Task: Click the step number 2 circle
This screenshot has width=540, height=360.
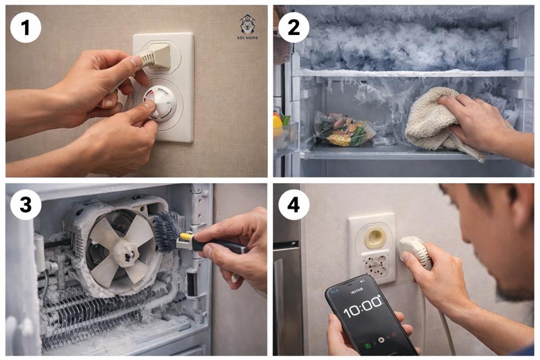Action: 294,26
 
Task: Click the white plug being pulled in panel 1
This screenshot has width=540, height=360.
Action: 157,55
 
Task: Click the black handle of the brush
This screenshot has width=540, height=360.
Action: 216,245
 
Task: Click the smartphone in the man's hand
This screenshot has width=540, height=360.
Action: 368,314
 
